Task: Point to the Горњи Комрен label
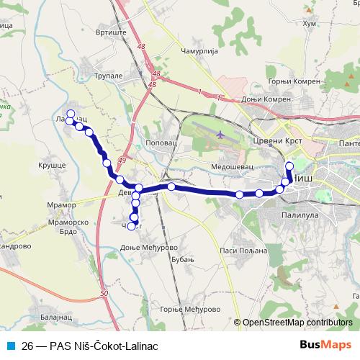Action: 293,81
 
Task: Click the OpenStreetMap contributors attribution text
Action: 297,323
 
